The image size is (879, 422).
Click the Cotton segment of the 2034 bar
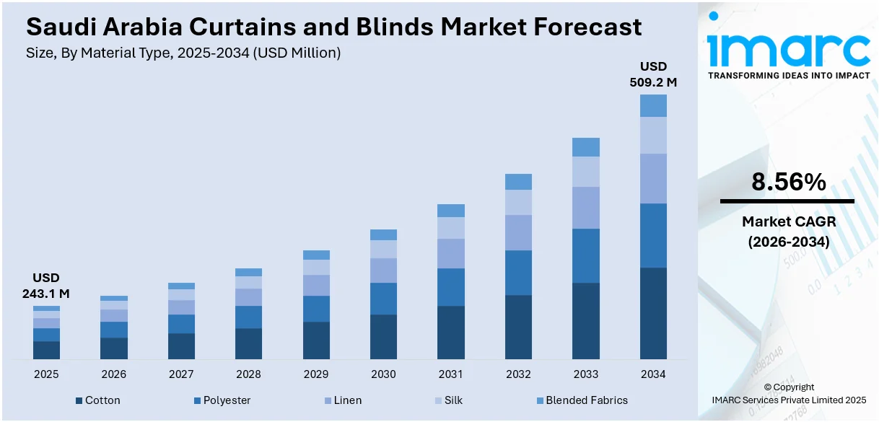coord(653,313)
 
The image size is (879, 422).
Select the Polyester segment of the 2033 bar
coord(585,255)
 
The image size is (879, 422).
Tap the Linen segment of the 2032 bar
coord(518,232)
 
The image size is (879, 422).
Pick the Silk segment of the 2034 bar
coord(653,135)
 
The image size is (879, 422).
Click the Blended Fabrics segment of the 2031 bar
coord(451,211)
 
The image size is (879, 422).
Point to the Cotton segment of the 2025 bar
coord(46,350)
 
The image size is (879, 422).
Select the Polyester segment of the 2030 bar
coord(383,299)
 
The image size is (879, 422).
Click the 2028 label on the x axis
coord(248,374)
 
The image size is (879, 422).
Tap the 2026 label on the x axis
coord(113,374)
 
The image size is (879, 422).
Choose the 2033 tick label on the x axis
coord(585,374)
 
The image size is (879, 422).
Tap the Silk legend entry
coord(448,400)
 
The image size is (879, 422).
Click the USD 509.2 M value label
coord(653,74)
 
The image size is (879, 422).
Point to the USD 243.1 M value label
coord(46,286)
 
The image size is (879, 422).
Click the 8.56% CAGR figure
coord(788,183)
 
